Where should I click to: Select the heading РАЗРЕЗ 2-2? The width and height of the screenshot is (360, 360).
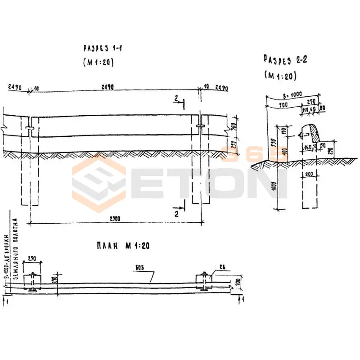click(x=285, y=59)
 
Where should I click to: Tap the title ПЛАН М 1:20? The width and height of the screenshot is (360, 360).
click(x=122, y=246)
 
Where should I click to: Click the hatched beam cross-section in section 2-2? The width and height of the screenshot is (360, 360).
click(x=310, y=133)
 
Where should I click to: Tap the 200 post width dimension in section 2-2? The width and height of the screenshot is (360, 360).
click(x=309, y=174)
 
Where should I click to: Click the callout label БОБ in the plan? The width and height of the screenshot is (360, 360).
click(x=140, y=269)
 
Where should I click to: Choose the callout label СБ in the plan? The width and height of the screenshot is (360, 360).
click(x=222, y=267)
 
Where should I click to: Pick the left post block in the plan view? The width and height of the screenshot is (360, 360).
click(x=32, y=282)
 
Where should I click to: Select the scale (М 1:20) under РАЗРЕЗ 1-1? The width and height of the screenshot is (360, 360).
click(x=98, y=63)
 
